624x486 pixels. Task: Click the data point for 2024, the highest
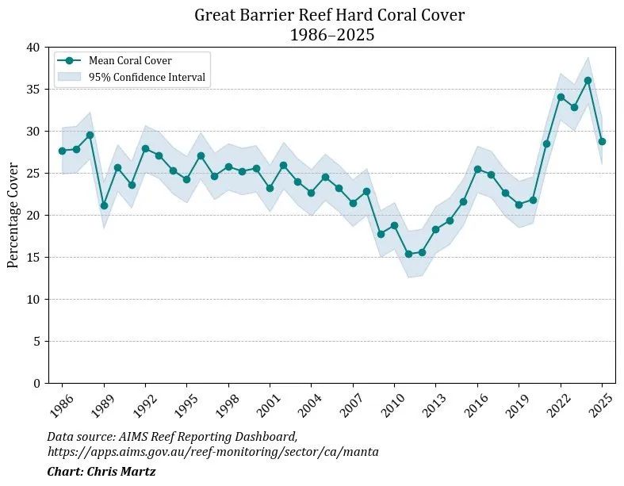tap(588, 80)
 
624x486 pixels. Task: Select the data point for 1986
tap(62, 151)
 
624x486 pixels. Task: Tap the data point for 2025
tap(602, 141)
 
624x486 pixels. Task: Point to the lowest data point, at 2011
tap(408, 254)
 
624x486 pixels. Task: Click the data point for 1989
tap(104, 205)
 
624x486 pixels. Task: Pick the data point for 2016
tap(477, 169)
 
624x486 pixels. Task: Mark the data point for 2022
tap(561, 97)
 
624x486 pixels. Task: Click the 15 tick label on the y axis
tap(33, 258)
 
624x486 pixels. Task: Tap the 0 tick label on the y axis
tap(37, 384)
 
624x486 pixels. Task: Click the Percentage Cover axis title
tap(13, 215)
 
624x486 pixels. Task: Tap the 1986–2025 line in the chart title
tap(332, 34)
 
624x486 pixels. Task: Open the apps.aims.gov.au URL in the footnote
tap(212, 452)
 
